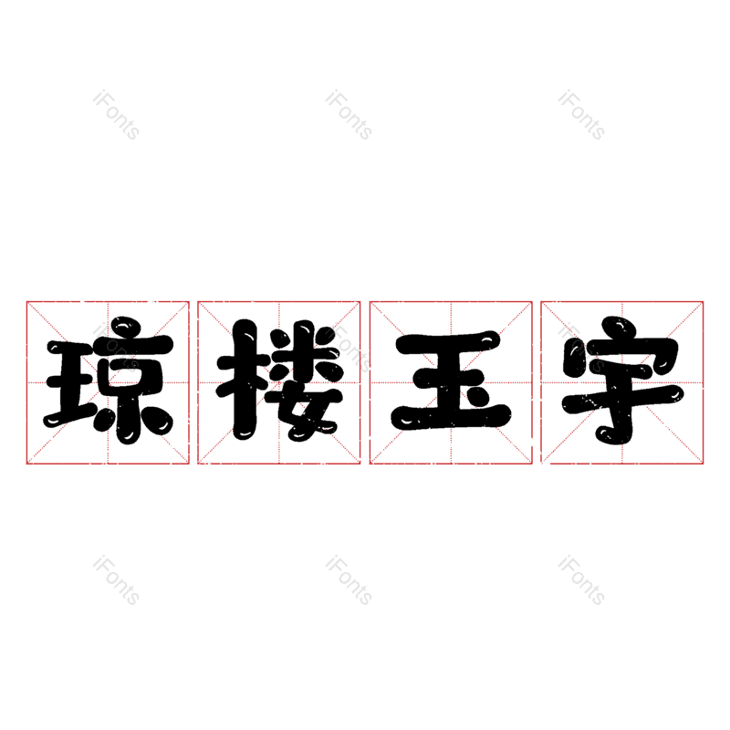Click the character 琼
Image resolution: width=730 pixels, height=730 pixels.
(109, 381)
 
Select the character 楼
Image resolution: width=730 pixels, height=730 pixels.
(280, 380)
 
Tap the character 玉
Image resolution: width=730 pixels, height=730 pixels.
(451, 380)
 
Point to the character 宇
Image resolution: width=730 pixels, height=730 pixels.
(623, 380)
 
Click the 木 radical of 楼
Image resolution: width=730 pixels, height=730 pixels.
(243, 380)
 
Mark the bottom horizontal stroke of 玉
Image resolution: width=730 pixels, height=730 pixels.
(451, 417)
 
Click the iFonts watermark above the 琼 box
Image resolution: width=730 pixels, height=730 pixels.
(117, 115)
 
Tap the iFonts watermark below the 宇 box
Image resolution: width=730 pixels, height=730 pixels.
(582, 580)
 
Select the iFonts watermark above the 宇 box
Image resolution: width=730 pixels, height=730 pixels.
(582, 115)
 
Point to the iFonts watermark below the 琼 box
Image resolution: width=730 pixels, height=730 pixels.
(117, 580)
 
